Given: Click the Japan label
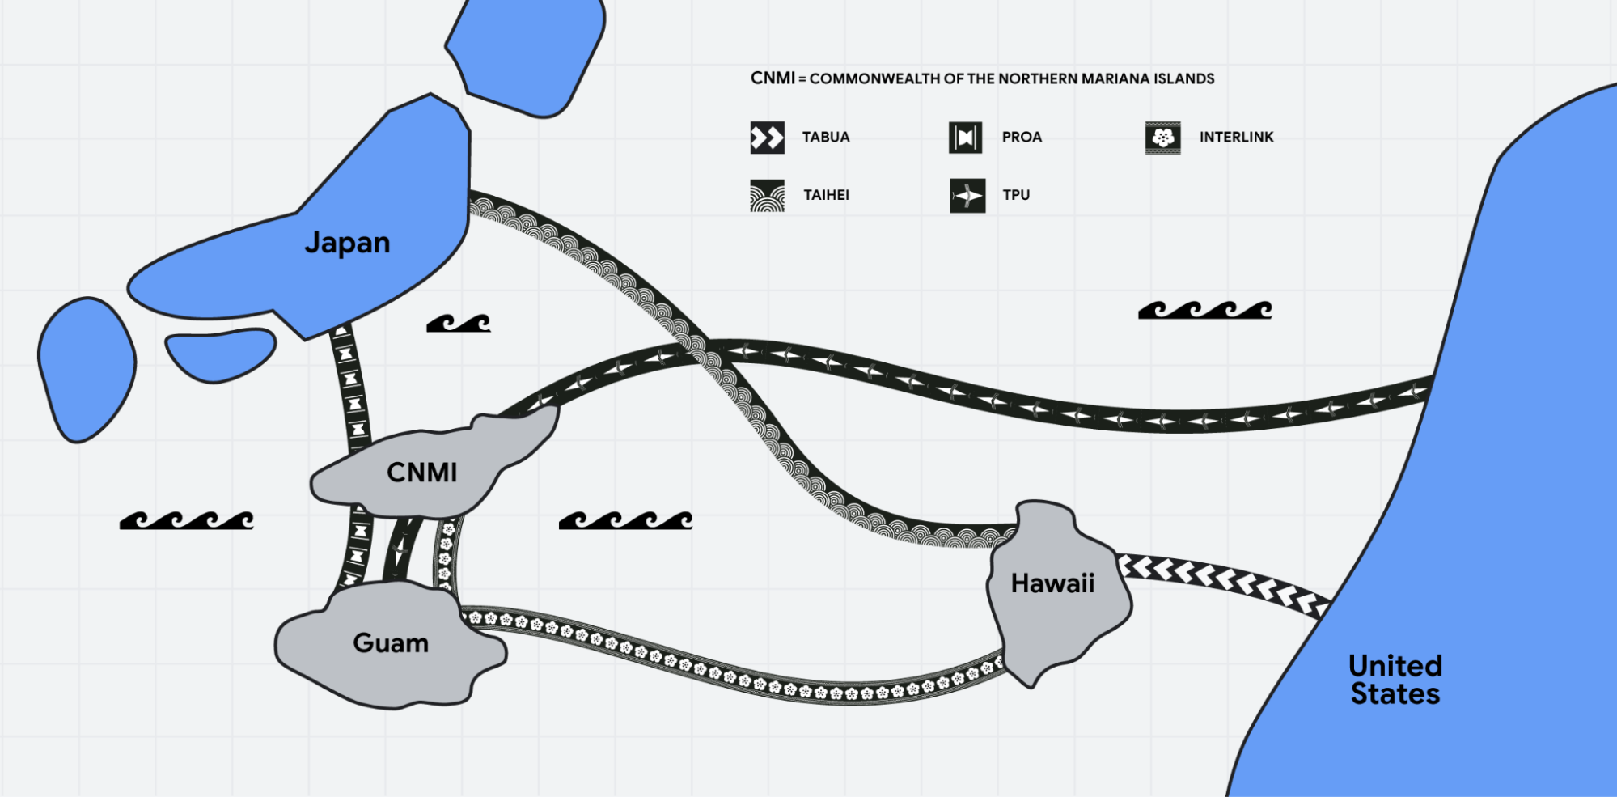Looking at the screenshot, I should tap(347, 243).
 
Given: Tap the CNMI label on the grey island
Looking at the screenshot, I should tap(421, 473).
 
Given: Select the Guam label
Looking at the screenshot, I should tap(391, 643).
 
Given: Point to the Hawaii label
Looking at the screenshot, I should tap(1052, 583).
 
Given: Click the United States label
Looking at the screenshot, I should tap(1395, 680).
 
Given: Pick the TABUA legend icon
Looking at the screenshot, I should tap(767, 138).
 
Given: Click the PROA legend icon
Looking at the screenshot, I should tap(965, 138).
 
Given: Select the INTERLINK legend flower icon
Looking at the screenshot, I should tap(1162, 138).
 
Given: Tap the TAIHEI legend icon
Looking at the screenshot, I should tap(767, 196).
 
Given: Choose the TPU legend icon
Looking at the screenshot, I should tap(967, 196).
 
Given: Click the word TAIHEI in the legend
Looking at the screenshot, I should tap(826, 195).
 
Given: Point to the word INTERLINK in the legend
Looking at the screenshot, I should tap(1236, 138).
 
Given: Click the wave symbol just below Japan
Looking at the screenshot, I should tap(459, 324).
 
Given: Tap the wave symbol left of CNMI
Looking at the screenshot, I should tap(187, 520).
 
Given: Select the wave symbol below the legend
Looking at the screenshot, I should tap(1204, 310).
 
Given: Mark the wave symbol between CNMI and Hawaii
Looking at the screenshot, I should tap(625, 520).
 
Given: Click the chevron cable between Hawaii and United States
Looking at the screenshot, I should tap(1221, 578).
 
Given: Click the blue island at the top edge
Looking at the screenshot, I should tap(526, 53).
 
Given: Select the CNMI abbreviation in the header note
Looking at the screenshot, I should tap(773, 78).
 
